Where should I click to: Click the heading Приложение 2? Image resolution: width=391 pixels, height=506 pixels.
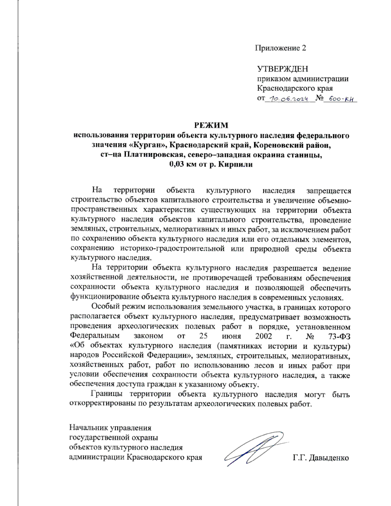click(x=280, y=48)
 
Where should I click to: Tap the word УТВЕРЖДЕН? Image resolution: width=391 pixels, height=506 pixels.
click(x=282, y=69)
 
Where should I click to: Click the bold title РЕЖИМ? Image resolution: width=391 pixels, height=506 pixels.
click(x=211, y=125)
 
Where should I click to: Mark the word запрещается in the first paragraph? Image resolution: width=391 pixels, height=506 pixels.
click(x=329, y=190)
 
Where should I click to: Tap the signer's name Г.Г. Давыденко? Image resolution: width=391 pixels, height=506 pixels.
click(x=321, y=458)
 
